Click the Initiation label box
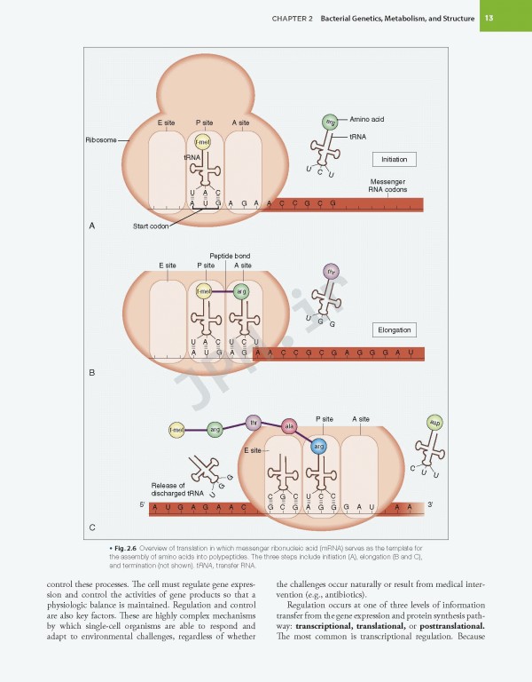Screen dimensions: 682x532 click(x=394, y=159)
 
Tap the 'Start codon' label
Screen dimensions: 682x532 click(x=151, y=226)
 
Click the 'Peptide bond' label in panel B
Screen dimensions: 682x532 click(x=230, y=256)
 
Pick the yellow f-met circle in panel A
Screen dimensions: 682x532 click(x=203, y=141)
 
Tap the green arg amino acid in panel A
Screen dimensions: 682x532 click(x=331, y=122)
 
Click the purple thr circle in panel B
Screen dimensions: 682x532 click(x=331, y=272)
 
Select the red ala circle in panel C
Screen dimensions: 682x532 click(x=288, y=426)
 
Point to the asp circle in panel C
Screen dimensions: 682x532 click(x=434, y=423)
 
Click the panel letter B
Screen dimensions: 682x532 click(x=92, y=373)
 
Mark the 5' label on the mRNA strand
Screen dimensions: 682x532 click(x=142, y=504)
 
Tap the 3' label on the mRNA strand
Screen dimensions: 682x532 click(x=430, y=504)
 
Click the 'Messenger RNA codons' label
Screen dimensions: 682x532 click(x=387, y=186)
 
